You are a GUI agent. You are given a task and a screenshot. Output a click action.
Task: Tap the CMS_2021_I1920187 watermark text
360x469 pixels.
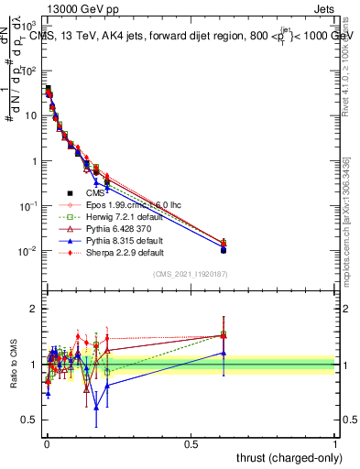190,275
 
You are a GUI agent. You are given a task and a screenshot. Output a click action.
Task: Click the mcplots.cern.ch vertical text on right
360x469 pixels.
346,220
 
